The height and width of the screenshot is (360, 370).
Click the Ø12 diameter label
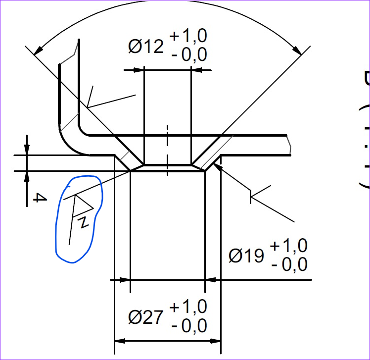[146, 46]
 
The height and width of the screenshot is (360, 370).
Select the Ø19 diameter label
[246, 256]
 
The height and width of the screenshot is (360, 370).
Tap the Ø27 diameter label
[146, 317]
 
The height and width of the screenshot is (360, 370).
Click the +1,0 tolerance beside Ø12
[188, 36]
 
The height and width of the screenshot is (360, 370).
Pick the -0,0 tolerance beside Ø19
[289, 264]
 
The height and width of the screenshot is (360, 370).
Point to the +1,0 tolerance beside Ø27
[188, 307]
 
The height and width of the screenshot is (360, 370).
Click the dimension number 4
[40, 198]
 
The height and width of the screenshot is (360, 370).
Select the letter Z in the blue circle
[84, 222]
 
